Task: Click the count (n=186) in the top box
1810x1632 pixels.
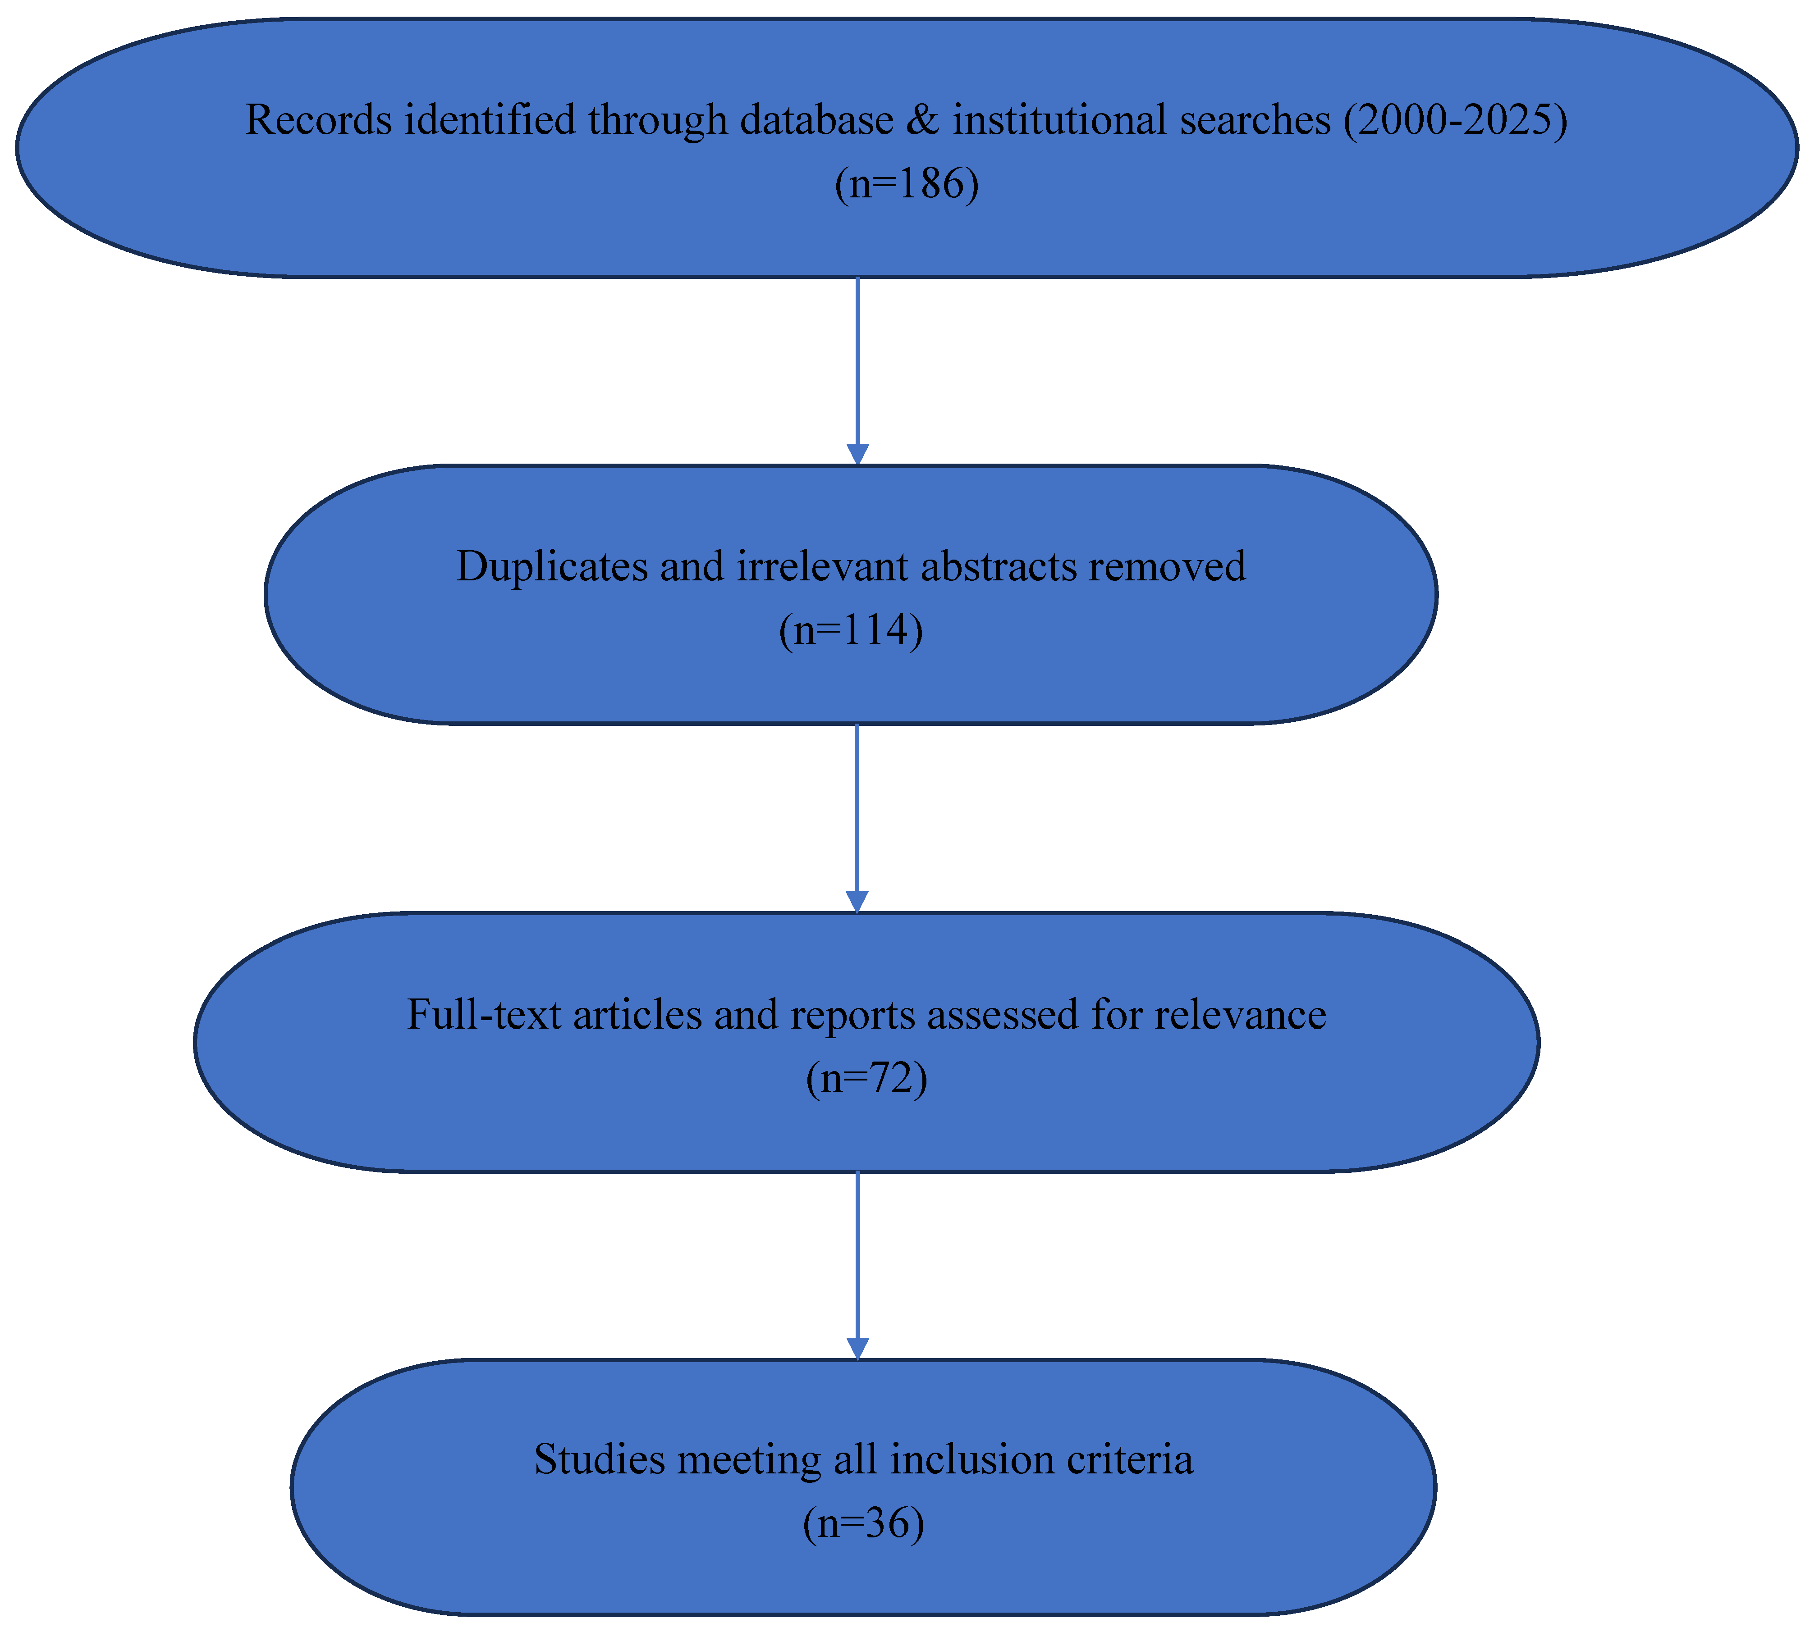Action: pos(906,185)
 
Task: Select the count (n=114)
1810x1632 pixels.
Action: pos(850,630)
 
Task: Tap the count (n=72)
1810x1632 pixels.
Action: pos(866,1078)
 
